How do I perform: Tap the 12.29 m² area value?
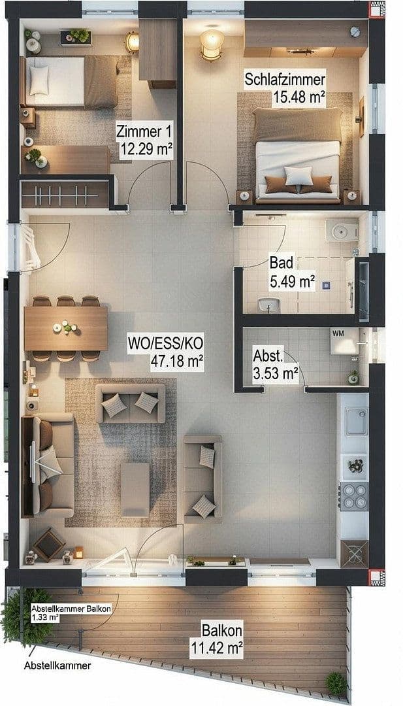coord(146,149)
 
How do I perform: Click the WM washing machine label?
coord(338,334)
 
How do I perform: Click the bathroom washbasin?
coord(269,304)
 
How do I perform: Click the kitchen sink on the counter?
coord(357,422)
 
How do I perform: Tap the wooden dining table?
coord(65,328)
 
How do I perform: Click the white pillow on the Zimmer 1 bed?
coord(39,80)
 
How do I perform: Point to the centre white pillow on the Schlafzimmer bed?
coord(298,175)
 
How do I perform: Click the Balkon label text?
coord(221,631)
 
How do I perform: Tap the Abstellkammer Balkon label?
coord(71,609)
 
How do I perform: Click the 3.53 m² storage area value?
coord(275,373)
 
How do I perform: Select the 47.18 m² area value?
coord(176,360)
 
